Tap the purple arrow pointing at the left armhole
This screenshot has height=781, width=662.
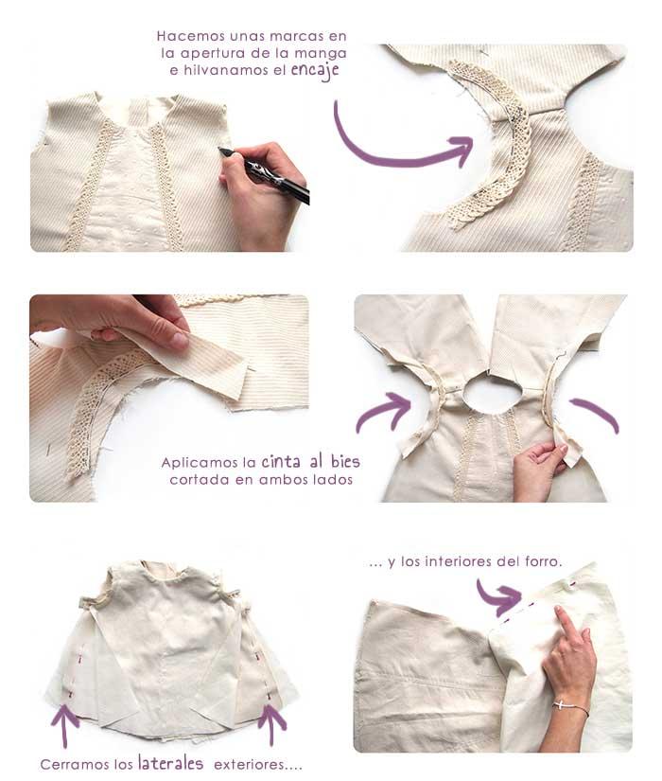384,413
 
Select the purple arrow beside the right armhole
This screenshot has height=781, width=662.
597,414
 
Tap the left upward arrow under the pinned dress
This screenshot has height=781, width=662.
64,725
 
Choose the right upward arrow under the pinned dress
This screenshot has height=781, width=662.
272,724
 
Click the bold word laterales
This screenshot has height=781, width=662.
170,762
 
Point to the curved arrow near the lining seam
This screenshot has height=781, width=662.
497,595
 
